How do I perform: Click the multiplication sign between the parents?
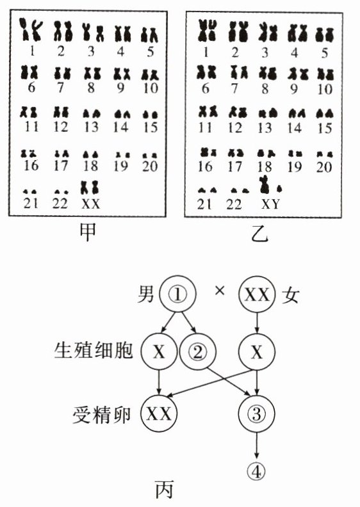[x=220, y=291]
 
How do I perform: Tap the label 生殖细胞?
[x=94, y=350]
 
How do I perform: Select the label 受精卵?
[x=102, y=415]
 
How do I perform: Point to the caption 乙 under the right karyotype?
[x=259, y=234]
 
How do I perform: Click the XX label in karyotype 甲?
[x=91, y=204]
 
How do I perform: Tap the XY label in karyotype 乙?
[x=270, y=204]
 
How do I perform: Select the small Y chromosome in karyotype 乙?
[x=279, y=188]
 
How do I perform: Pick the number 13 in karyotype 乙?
[x=265, y=129]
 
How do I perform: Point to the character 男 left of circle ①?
[x=146, y=294]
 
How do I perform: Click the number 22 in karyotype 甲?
[x=60, y=204]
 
